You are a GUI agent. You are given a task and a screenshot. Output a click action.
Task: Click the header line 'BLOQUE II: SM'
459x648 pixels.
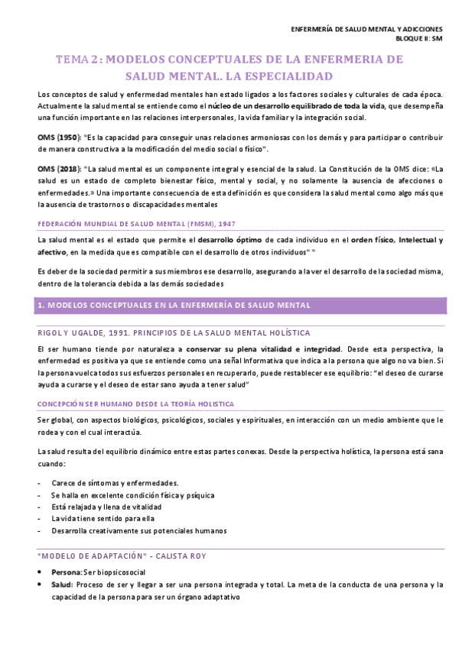[417, 37]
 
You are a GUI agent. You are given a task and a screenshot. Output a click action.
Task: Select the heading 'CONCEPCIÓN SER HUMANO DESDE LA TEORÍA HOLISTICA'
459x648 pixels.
[135, 403]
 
